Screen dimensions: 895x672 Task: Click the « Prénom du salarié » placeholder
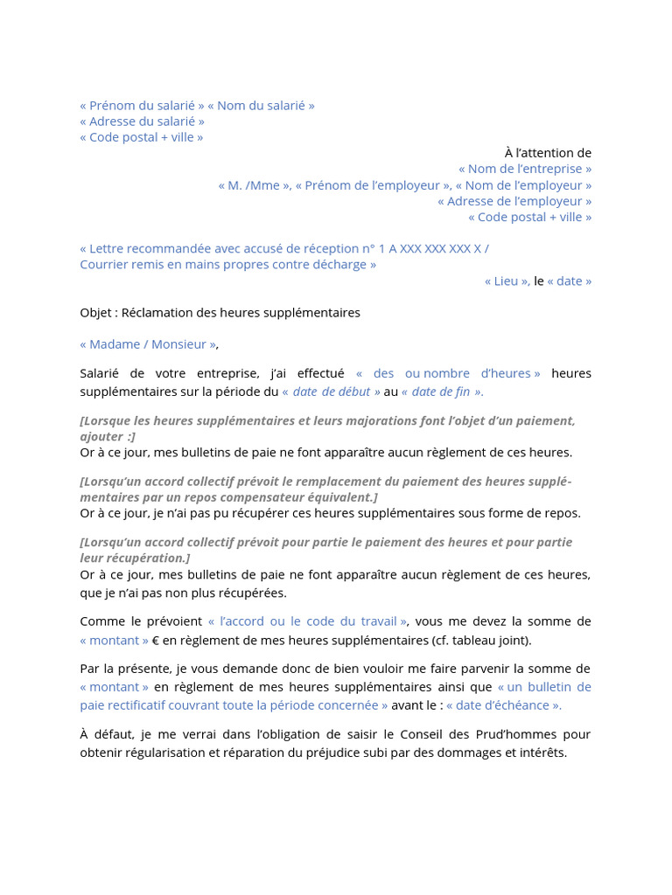[143, 106]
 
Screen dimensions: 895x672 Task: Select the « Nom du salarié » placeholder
[261, 106]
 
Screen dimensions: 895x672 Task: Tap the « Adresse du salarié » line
[142, 121]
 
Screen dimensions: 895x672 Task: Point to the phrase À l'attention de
[548, 153]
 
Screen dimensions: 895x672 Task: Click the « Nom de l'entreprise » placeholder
[525, 169]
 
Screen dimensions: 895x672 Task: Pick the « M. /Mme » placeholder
[255, 185]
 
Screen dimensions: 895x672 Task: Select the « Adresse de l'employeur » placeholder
[514, 201]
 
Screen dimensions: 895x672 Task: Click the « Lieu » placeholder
[507, 281]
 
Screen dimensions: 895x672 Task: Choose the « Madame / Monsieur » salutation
[148, 344]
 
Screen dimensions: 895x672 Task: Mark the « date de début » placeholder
[331, 392]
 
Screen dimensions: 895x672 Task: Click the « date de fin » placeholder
[442, 392]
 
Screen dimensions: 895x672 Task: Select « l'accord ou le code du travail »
[307, 621]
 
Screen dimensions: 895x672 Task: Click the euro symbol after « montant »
[156, 640]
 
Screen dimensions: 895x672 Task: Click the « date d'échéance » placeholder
[504, 705]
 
